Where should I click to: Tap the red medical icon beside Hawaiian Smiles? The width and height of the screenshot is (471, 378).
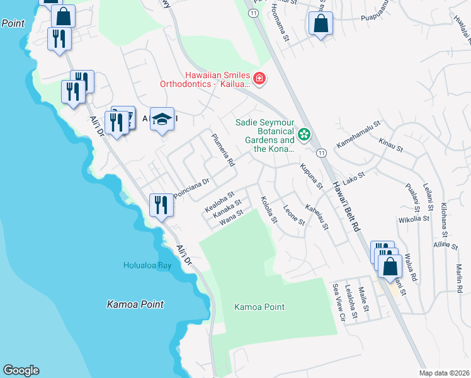[259, 79]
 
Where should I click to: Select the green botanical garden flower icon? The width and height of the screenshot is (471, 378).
[304, 134]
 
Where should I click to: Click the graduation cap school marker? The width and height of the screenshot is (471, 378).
[162, 119]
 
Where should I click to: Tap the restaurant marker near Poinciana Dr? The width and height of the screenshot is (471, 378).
[161, 205]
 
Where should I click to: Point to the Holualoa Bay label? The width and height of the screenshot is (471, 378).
[147, 266]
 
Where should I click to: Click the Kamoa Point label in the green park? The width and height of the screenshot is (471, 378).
[259, 307]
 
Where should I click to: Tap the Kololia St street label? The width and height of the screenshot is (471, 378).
[269, 210]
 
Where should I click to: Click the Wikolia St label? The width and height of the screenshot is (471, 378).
[414, 220]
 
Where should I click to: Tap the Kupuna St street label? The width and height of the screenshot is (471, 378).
[312, 176]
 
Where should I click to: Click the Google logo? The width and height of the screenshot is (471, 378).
[21, 370]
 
